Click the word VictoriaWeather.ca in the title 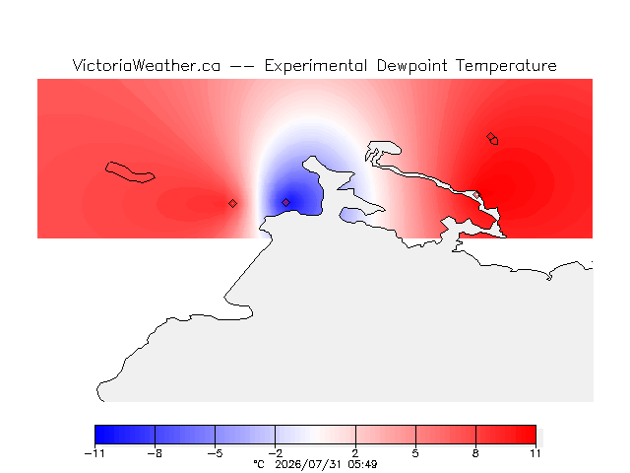coord(147,66)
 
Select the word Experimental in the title coord(316,66)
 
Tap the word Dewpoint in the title coord(411,66)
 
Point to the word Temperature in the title coord(506,66)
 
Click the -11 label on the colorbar coord(94,453)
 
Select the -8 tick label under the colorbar coord(155,453)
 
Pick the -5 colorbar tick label coord(215,453)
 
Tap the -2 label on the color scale coord(275,453)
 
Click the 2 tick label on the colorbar coord(355,453)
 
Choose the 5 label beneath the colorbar coord(415,453)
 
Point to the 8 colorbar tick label coord(475,453)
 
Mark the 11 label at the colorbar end coord(535,453)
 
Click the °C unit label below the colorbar coord(259,464)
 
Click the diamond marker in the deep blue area coord(285,202)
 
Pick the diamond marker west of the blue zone coord(232,204)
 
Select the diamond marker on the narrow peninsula coord(476,195)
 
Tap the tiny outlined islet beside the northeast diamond coord(494,141)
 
